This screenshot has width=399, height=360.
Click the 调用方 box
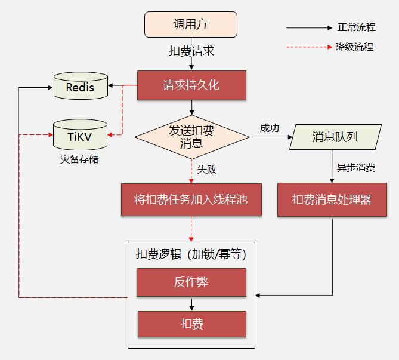191,24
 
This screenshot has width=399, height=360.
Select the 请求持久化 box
191,85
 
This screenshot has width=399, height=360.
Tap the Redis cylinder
80,87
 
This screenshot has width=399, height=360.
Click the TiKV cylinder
80,135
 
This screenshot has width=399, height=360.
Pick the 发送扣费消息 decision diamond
191,136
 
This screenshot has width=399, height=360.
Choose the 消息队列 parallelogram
335,137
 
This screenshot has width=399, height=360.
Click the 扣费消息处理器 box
332,199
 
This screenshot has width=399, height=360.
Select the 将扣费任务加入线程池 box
191,199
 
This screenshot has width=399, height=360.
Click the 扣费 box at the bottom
191,324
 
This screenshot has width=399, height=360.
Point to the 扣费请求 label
191,51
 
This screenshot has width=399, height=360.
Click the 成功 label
270,128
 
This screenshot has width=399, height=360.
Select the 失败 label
206,169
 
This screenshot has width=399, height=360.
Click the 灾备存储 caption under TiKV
79,159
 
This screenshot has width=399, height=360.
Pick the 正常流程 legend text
356,27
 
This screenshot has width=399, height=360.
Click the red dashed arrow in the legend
308,47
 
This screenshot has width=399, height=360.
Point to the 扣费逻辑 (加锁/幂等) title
191,254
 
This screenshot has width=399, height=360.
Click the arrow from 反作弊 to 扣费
191,304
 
